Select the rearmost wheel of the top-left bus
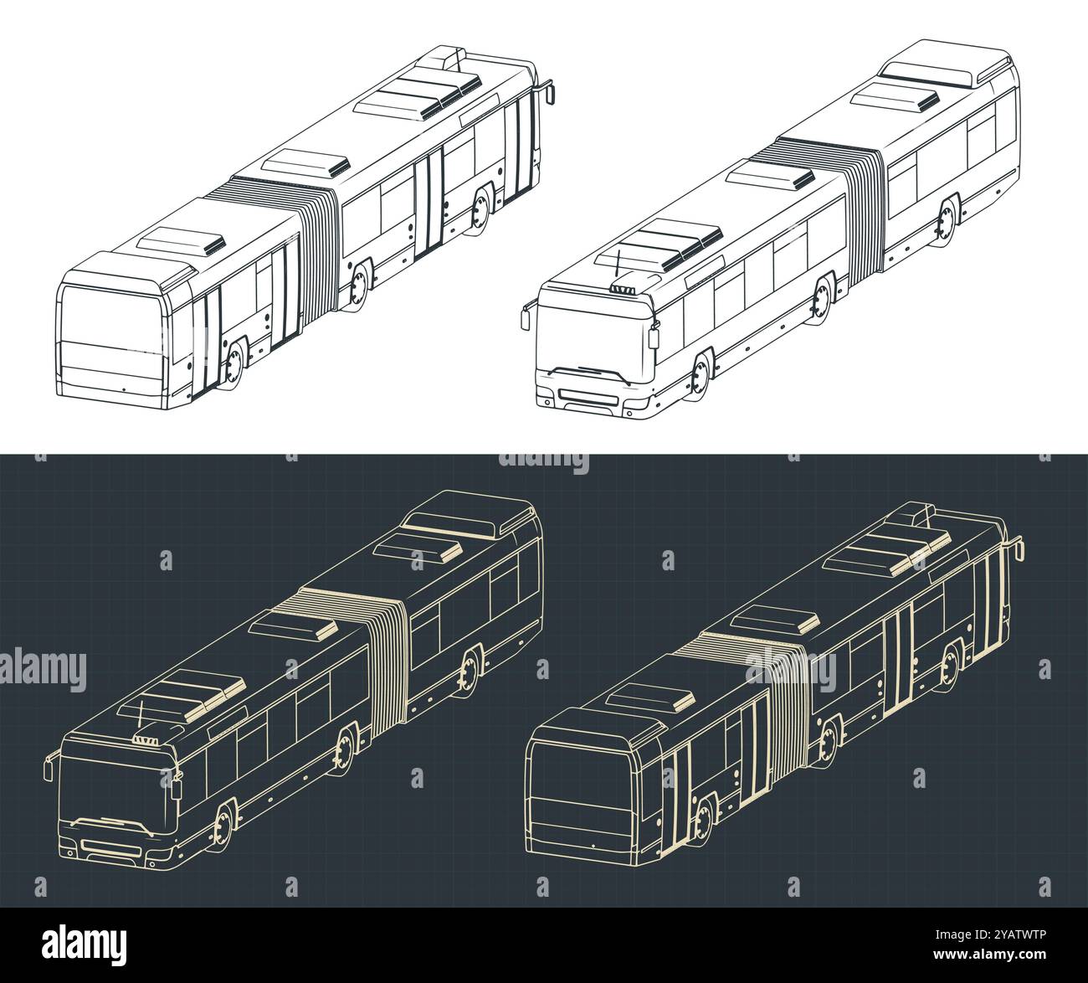[x=480, y=208]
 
